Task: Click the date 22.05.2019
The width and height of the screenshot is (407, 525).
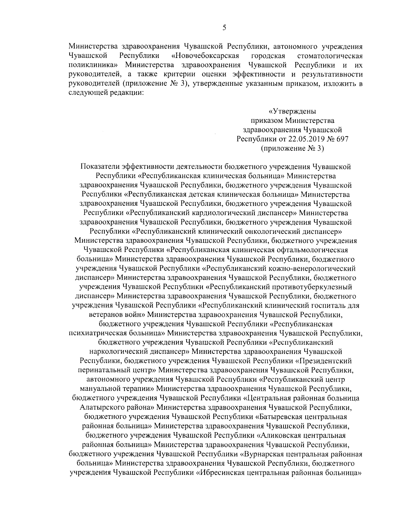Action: coord(306,139)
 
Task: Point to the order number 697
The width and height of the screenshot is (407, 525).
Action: coord(342,139)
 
